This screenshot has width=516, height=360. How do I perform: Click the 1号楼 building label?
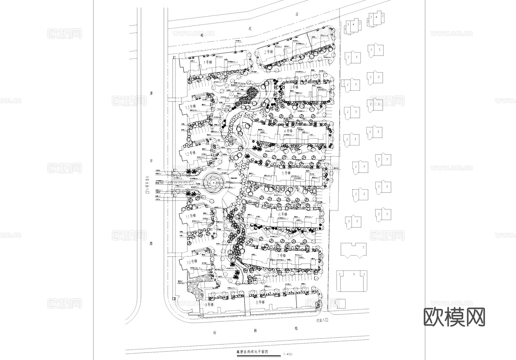coord(208,62)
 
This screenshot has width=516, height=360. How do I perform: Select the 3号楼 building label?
coord(294,87)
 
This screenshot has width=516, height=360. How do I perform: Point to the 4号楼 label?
coord(288,131)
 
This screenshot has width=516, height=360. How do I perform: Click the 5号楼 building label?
coord(286,173)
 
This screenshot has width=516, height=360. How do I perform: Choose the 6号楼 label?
coord(283,214)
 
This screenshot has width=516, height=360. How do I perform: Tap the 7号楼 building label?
coord(282,255)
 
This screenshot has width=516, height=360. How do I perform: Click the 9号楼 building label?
coord(209,305)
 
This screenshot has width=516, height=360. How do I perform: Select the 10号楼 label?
coord(192,261)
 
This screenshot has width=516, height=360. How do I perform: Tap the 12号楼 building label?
coord(190,153)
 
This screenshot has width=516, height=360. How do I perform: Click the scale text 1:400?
coord(287,354)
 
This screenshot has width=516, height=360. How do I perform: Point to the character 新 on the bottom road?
coord(255,331)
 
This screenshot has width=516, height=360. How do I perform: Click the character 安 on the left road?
coord(151,162)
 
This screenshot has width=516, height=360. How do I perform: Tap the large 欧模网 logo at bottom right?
coord(454,317)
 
